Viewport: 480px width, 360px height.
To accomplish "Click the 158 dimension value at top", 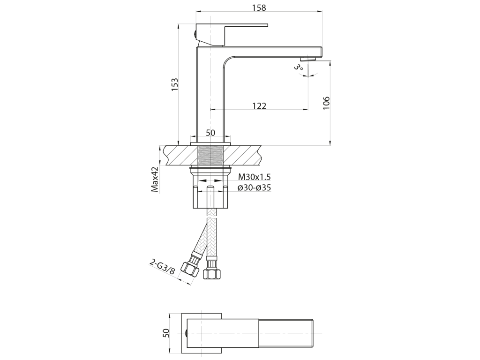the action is coord(259,7).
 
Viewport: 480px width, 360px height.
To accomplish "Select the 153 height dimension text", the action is coord(174,84).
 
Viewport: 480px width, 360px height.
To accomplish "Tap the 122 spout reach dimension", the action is coord(259,105).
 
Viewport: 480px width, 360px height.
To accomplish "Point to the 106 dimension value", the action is coord(326,103).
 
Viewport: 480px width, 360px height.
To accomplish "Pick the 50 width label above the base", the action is coord(210,133).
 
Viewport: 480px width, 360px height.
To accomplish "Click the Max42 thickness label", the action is coord(156,179).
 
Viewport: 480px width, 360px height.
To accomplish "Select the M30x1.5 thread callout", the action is coord(255,177).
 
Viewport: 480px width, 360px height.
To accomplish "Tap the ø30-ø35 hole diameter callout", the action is coord(255,187).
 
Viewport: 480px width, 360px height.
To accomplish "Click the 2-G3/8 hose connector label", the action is coord(163,267).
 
